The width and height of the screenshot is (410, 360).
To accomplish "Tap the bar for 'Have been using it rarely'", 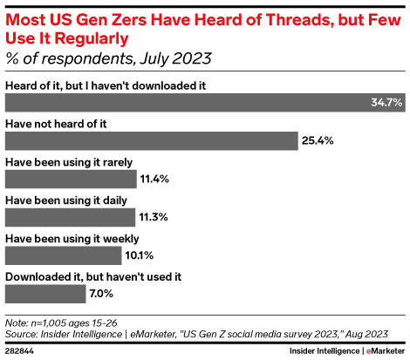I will (x=70, y=179).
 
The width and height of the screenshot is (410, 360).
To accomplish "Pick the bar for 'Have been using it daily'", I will (x=70, y=217).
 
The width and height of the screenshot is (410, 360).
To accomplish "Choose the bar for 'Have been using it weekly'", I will (x=63, y=255).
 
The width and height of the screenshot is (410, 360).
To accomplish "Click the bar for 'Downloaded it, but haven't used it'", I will (x=45, y=293).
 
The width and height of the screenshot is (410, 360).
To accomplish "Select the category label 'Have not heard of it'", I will (x=56, y=124).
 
